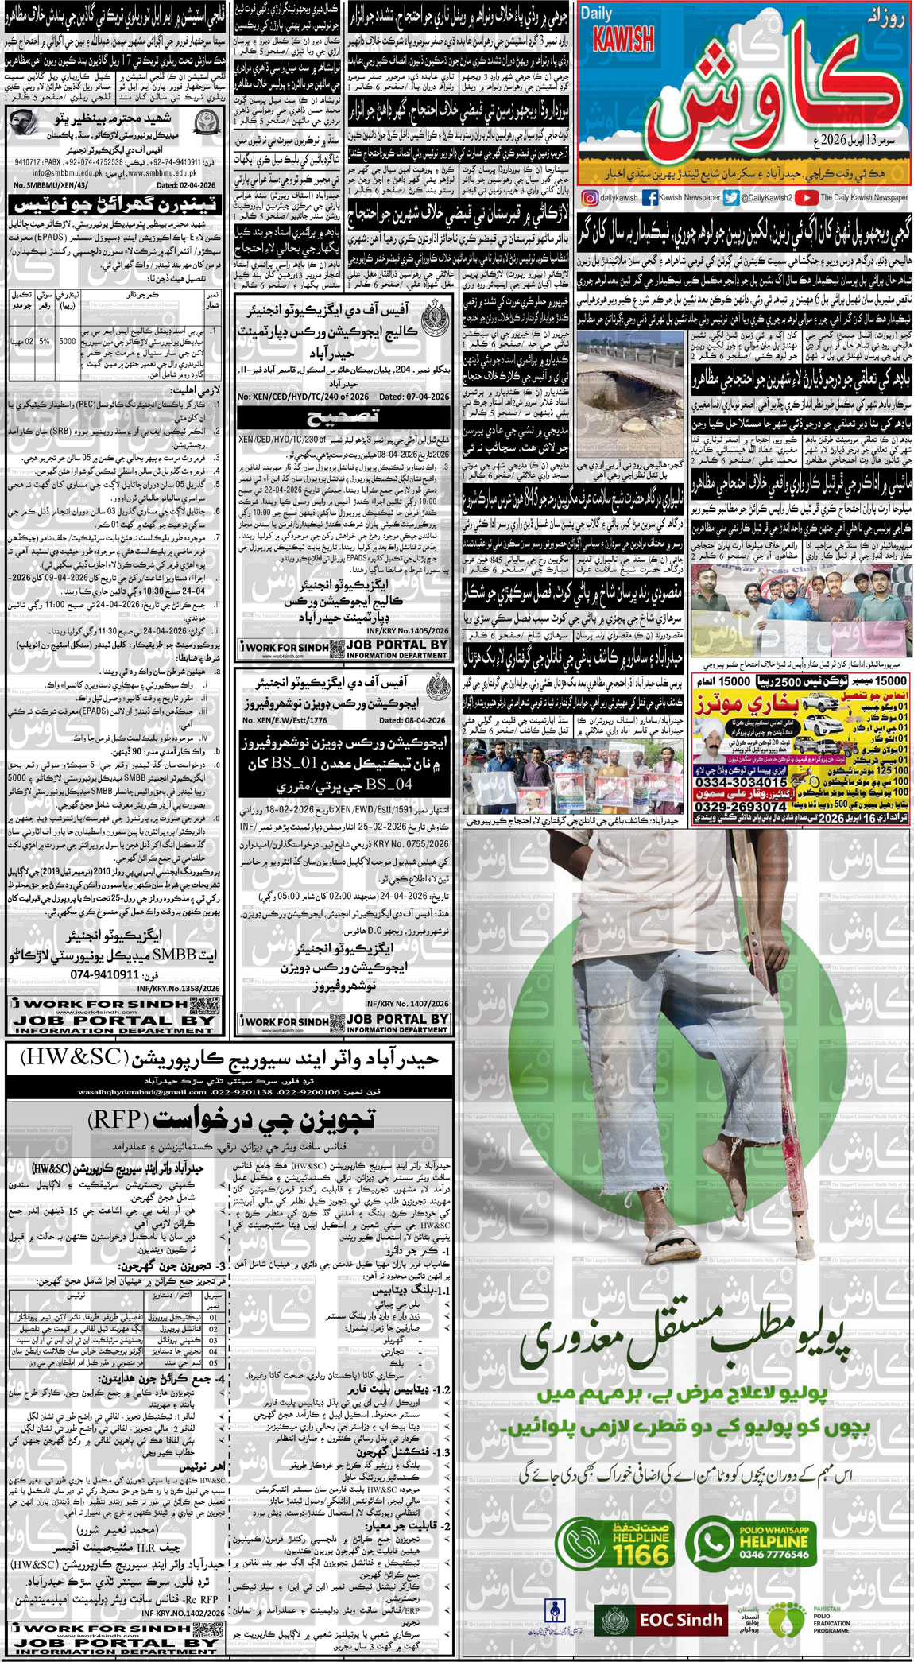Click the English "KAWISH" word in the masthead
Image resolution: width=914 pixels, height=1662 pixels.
click(x=623, y=38)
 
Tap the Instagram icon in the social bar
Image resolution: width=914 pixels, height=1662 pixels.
click(x=589, y=197)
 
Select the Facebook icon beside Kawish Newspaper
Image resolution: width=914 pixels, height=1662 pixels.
click(x=649, y=197)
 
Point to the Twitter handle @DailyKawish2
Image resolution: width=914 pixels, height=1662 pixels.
click(x=767, y=197)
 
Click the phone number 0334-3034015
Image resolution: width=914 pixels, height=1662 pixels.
click(x=741, y=783)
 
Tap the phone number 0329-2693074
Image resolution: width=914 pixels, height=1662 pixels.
click(x=741, y=806)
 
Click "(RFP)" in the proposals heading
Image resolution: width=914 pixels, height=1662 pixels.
click(x=117, y=1120)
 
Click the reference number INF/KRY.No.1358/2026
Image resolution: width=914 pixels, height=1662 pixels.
click(x=178, y=988)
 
